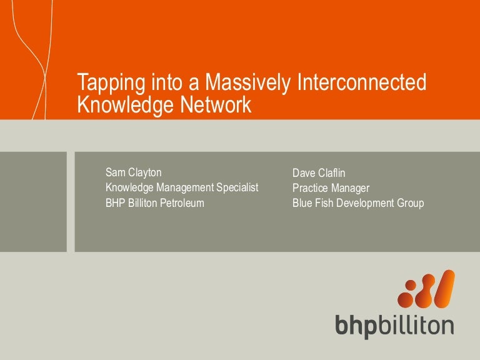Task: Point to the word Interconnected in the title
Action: [356, 84]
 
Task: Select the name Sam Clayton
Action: [134, 172]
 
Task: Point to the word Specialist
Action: [237, 187]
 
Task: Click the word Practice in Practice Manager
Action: [311, 188]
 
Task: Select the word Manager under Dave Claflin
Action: [351, 188]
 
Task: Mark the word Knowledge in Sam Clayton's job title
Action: [129, 187]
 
